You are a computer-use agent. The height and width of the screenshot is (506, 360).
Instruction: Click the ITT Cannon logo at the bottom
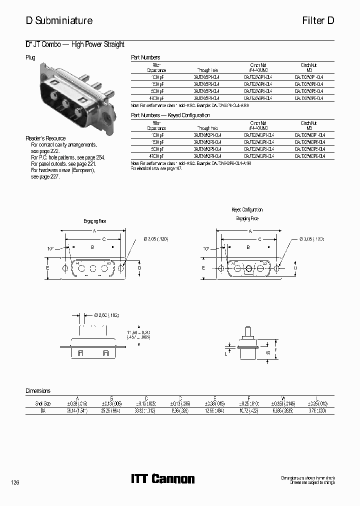tap(162, 479)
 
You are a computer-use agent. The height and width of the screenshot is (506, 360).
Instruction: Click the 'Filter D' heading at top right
tap(317, 20)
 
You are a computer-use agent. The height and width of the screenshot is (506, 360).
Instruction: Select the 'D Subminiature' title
tap(59, 20)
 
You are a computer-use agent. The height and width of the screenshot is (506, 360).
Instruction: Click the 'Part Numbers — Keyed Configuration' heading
tap(170, 115)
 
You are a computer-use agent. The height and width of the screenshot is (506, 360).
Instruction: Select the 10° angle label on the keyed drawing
tap(206, 248)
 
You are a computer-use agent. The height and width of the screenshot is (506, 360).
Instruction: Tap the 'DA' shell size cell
tap(43, 410)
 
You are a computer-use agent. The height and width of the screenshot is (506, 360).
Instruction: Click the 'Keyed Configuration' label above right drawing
tap(247, 210)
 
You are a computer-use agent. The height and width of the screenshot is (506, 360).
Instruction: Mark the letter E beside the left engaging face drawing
tap(47, 268)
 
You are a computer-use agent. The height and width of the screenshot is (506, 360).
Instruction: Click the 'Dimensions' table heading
tap(38, 391)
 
